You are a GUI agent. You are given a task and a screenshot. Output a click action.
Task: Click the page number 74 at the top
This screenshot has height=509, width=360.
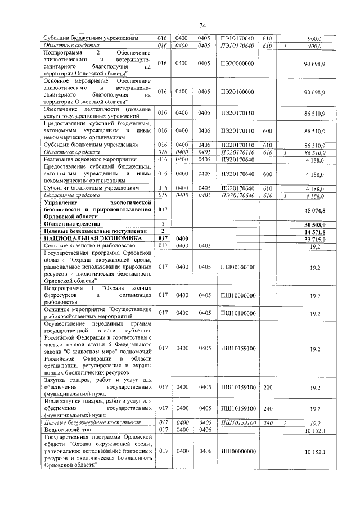tap(203, 25)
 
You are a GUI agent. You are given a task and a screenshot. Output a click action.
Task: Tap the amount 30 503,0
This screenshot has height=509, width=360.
tap(314, 224)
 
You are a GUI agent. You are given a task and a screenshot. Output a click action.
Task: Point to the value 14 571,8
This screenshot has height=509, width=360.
tap(314, 231)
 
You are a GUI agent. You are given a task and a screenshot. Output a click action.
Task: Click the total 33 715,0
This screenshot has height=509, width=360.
tap(314, 238)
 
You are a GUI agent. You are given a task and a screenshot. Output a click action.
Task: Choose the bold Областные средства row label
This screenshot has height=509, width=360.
tap(67, 224)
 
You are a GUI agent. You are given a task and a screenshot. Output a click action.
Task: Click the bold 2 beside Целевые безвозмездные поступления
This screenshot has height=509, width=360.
tap(163, 231)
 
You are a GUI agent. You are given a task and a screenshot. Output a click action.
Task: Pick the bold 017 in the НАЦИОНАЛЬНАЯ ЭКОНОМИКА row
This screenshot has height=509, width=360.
tap(163, 238)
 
